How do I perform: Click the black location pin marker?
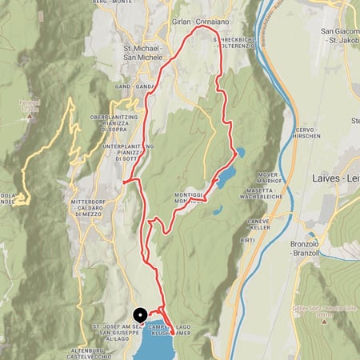[138, 315]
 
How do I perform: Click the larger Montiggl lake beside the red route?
[227, 174]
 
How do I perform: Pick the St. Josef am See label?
[115, 327]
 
